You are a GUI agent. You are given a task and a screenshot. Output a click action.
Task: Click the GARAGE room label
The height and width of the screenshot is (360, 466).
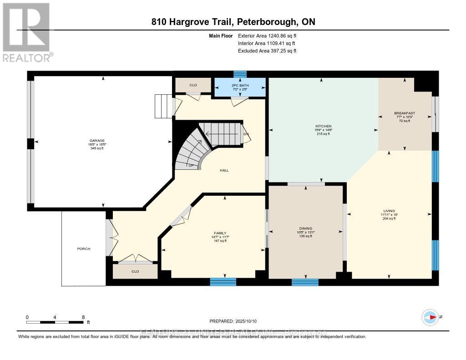96,141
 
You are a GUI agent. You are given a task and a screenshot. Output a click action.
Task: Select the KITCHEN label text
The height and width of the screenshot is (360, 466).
324,126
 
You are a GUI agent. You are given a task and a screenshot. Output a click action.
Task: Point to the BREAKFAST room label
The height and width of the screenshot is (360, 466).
404,113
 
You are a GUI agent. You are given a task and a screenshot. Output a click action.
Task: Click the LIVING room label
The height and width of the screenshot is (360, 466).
389,211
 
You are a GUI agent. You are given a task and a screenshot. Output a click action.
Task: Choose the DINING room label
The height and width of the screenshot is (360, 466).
305,228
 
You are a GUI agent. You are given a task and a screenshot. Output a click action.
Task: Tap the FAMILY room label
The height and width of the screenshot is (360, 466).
220,233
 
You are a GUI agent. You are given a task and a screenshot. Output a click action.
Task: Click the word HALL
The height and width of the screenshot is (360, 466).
224,170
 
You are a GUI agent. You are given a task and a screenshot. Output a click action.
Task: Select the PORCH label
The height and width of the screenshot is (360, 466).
84,249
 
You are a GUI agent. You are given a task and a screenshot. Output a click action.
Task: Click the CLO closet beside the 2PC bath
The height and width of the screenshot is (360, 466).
193,85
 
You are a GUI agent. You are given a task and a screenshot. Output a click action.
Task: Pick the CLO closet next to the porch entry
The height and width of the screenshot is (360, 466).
135,272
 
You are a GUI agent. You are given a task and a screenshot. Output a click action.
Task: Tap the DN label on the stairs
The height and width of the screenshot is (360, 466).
246,134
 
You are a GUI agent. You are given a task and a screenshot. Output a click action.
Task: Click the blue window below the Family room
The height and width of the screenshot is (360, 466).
223,282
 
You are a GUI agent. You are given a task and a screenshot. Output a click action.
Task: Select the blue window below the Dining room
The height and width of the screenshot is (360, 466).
305,282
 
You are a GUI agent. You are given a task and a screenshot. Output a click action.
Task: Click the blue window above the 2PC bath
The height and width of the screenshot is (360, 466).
240,74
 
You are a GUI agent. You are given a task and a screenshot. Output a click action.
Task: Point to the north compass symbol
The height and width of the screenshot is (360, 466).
430,317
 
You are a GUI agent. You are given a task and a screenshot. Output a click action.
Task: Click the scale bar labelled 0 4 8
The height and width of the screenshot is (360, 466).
55,322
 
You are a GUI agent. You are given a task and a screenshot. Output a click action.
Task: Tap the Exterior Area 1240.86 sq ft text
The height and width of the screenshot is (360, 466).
267,35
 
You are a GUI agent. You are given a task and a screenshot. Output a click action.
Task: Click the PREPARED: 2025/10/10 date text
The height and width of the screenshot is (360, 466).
233,321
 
